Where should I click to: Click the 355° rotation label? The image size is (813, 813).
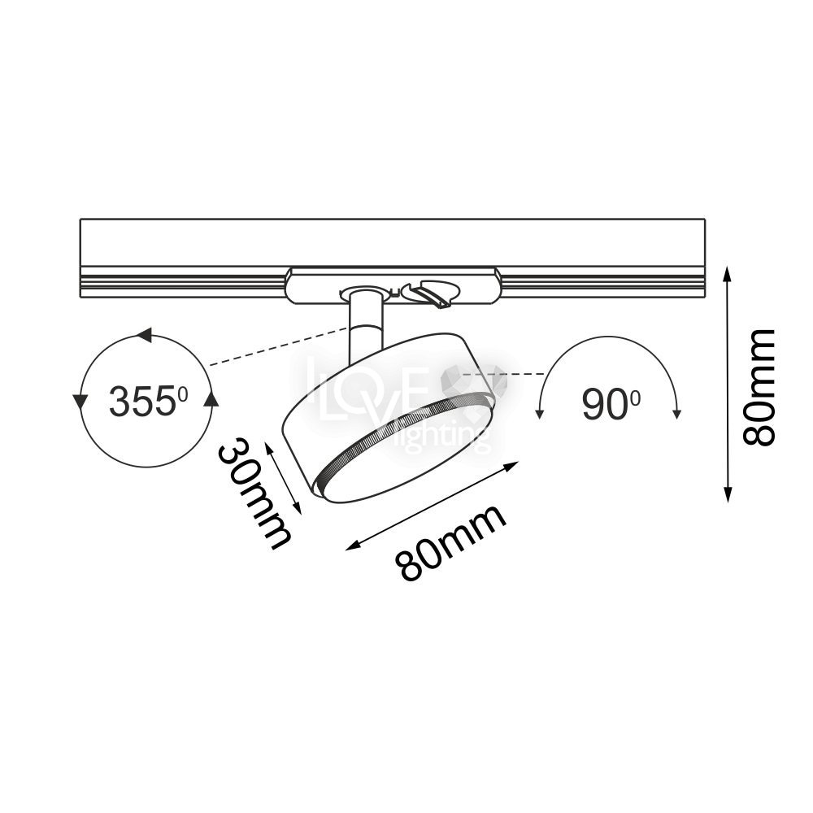(148, 401)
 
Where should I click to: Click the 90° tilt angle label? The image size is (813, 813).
(611, 403)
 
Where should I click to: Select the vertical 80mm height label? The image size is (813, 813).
(759, 387)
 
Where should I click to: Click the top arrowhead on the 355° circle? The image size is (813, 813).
(144, 335)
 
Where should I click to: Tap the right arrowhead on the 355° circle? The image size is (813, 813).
(211, 398)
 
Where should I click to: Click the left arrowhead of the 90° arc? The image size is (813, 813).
(539, 413)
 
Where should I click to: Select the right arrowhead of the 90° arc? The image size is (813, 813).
(676, 413)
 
